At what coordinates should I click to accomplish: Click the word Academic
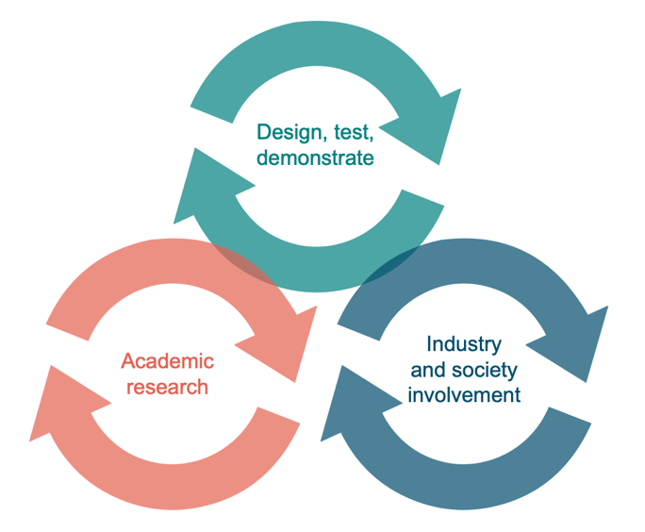[x=167, y=361]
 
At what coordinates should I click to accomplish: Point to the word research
[x=167, y=387]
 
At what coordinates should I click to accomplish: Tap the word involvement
[x=464, y=394]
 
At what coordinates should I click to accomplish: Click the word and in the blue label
[x=427, y=370]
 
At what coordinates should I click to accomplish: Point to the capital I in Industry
[x=430, y=344]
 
